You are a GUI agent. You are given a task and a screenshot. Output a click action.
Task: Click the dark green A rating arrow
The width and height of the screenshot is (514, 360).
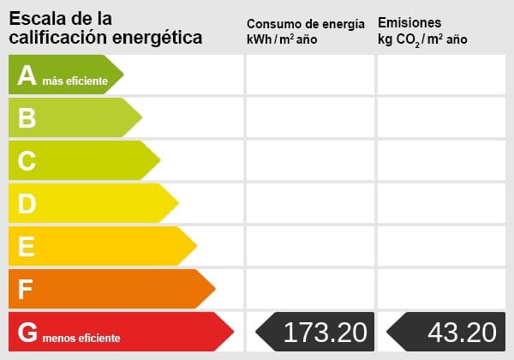pyautogui.click(x=64, y=75)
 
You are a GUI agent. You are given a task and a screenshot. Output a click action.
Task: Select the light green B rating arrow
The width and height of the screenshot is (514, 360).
pyautogui.click(x=73, y=118)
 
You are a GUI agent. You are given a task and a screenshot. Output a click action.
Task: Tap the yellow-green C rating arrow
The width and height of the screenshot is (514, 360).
pyautogui.click(x=82, y=160)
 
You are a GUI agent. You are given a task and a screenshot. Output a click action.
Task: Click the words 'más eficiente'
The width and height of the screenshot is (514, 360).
pyautogui.click(x=75, y=81)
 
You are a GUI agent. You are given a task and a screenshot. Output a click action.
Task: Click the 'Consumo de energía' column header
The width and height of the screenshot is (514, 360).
pyautogui.click(x=311, y=23)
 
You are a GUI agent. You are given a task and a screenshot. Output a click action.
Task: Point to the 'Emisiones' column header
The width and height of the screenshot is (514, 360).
pyautogui.click(x=409, y=23)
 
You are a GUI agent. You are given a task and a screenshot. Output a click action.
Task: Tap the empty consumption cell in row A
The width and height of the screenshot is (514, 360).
pyautogui.click(x=310, y=75)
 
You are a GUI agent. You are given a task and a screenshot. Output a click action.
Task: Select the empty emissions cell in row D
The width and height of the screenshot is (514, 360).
pyautogui.click(x=441, y=203)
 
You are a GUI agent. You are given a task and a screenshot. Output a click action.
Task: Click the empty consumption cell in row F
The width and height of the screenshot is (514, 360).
pyautogui.click(x=310, y=289)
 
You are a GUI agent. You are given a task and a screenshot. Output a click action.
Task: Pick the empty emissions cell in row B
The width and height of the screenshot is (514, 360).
pyautogui.click(x=441, y=118)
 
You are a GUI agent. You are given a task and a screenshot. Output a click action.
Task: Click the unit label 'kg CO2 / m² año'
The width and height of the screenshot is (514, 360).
pyautogui.click(x=422, y=39)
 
